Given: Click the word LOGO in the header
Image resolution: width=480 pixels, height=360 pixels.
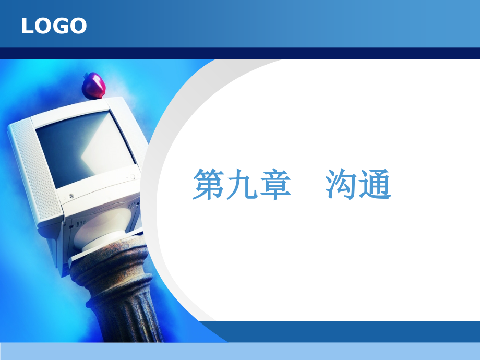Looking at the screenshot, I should click(54, 26).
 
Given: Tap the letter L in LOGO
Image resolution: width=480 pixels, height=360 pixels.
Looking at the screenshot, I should click(27, 26).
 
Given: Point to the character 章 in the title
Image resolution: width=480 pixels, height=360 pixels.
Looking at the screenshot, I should click(274, 185).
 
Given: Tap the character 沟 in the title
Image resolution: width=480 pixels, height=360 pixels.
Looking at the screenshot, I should click(342, 185).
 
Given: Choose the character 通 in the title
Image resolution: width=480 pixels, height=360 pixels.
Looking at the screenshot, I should click(375, 185).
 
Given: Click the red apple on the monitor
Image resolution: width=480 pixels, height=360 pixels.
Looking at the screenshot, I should click(94, 86).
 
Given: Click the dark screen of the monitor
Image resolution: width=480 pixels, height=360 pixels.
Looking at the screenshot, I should click(83, 149).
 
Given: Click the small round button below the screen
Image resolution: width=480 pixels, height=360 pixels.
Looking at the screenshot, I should click(71, 196).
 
